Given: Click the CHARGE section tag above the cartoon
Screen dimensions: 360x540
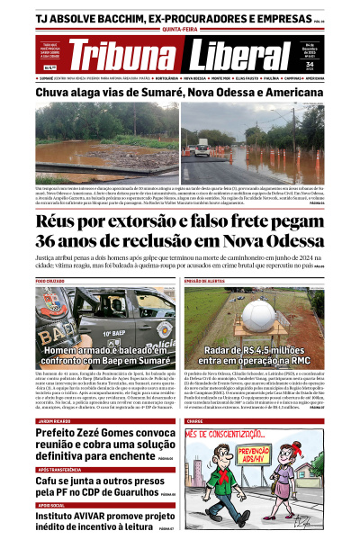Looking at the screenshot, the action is (195, 421).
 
